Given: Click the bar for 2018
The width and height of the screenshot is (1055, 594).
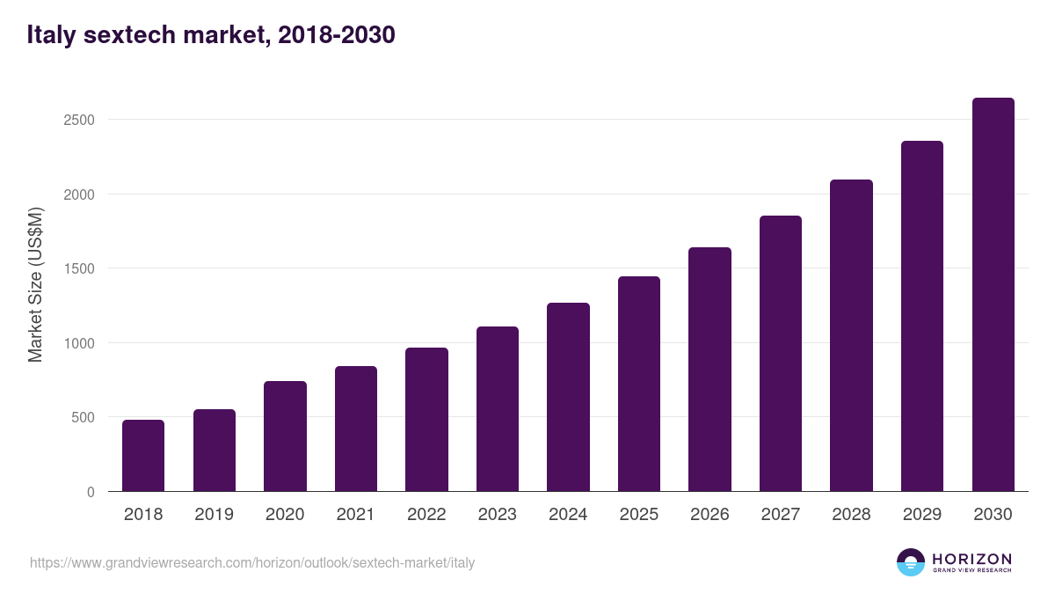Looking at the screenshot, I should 143,456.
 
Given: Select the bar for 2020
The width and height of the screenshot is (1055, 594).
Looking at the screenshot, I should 285,436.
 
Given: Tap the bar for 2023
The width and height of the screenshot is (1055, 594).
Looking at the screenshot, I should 498,409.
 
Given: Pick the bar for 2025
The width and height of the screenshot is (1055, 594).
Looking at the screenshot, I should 639,384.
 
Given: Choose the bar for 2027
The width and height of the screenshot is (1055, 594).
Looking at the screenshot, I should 781,354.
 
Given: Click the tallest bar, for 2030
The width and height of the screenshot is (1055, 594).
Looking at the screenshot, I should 993,295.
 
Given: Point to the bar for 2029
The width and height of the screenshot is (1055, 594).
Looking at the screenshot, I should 922,316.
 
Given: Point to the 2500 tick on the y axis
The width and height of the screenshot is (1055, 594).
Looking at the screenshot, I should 79,120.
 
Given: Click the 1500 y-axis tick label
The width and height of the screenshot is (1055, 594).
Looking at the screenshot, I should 79,268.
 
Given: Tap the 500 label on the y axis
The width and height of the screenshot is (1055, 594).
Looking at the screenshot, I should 84,417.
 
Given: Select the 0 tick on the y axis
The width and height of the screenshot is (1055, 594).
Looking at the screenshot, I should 91,492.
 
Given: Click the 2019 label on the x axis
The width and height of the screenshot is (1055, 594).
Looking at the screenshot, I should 214,515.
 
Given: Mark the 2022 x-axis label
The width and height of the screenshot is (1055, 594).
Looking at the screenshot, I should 426,515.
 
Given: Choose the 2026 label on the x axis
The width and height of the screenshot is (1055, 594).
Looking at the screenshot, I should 709,515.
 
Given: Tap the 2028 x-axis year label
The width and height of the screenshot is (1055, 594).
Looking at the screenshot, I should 851,515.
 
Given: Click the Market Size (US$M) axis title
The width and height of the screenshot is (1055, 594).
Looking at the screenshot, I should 35,283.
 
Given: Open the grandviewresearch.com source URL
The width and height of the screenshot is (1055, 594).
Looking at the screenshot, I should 252,562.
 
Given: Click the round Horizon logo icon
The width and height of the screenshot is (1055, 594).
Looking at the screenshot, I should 911,562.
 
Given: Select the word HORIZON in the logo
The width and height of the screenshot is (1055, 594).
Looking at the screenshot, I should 971,559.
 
